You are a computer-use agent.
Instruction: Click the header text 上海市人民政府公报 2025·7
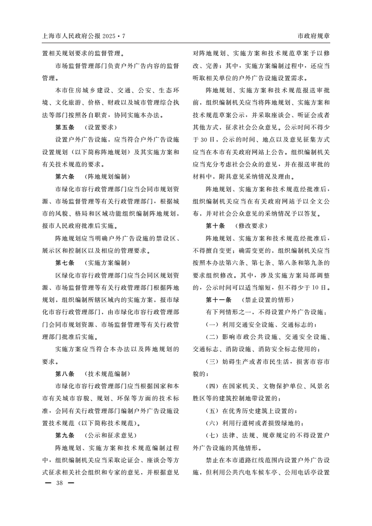pos(84,36)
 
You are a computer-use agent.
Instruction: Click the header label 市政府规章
pos(313,36)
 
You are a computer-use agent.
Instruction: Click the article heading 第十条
pos(215,225)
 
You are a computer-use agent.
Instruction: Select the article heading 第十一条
pos(219,299)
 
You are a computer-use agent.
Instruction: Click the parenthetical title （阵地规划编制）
pos(106,177)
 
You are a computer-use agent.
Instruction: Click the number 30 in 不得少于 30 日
pos(204,139)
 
